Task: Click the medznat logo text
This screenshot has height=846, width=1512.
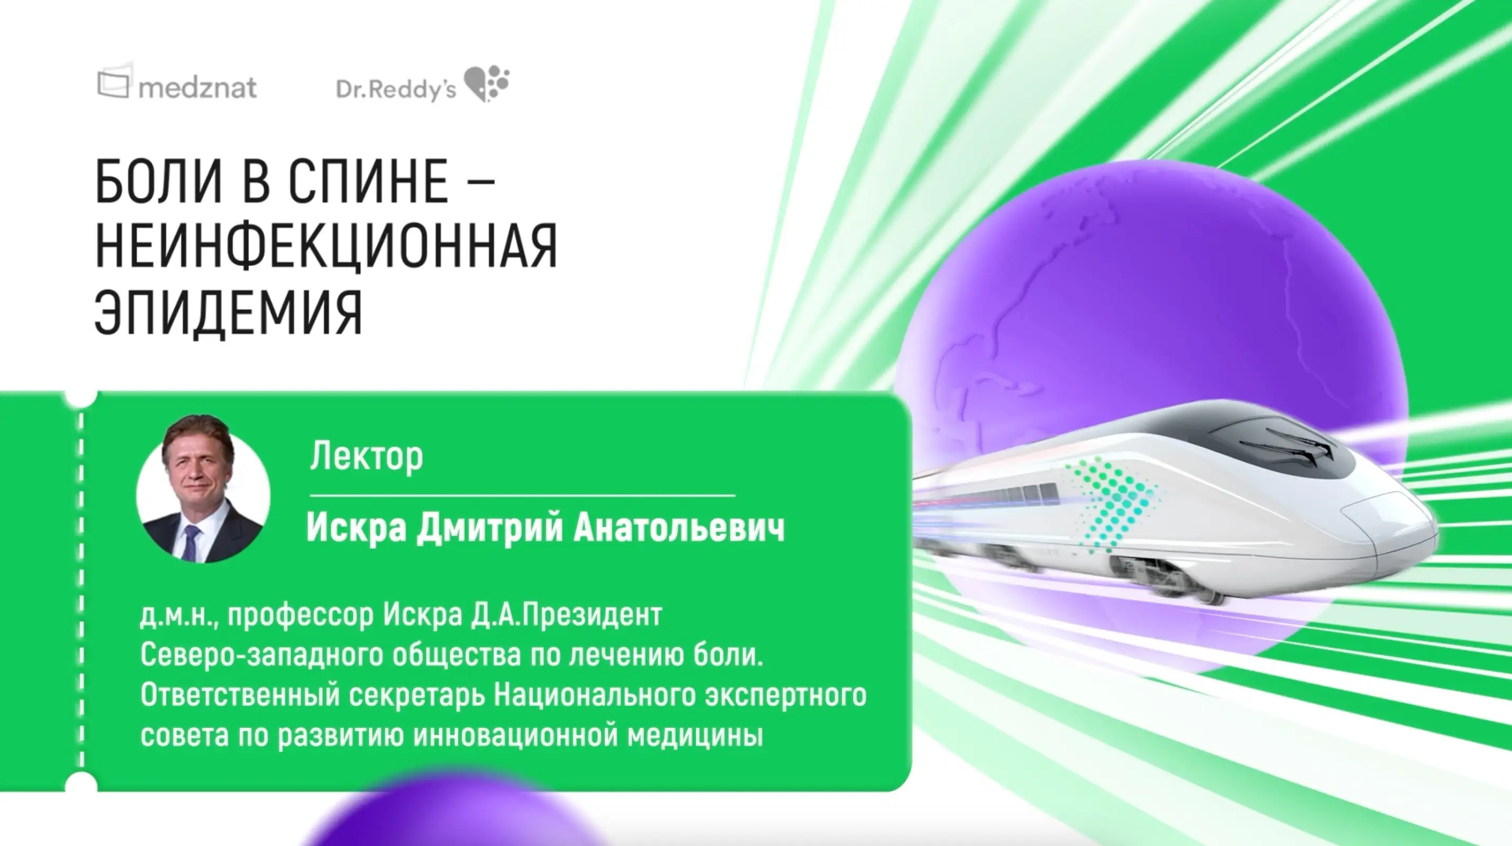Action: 198,88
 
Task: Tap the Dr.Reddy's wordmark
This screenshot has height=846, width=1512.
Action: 396,89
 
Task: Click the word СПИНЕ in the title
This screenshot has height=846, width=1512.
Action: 369,181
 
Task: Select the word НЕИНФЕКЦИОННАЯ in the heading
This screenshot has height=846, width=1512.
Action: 326,246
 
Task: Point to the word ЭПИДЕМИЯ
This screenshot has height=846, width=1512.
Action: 229,312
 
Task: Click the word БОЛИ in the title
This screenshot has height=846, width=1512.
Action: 159,181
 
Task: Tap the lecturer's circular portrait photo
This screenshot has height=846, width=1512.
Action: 203,489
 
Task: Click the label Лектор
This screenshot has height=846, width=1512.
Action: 366,456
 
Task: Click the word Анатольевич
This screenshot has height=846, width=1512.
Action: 679,528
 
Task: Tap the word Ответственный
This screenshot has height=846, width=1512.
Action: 241,696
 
